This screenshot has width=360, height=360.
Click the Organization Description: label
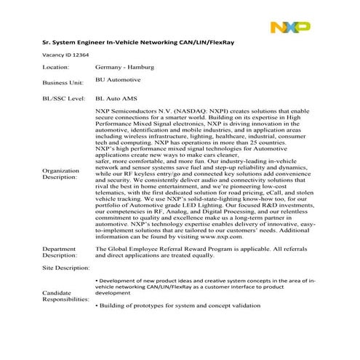60,174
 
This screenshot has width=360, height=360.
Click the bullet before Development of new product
97,280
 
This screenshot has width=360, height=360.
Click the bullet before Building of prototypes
97,305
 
